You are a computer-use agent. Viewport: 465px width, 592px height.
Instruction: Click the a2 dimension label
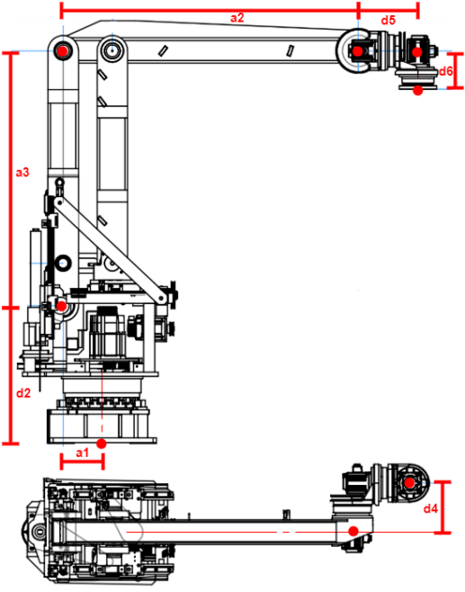click(237, 18)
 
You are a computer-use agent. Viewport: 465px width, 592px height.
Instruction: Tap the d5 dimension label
click(388, 20)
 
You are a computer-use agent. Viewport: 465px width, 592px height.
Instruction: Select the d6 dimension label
click(445, 70)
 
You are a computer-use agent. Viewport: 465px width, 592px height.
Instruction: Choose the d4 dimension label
click(431, 509)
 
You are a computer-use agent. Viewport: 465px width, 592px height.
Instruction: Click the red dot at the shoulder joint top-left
click(61, 51)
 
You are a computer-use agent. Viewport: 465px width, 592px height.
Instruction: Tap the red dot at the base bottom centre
click(102, 443)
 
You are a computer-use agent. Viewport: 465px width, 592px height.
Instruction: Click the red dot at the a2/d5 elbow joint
click(357, 51)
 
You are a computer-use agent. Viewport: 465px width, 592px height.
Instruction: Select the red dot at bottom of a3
click(60, 306)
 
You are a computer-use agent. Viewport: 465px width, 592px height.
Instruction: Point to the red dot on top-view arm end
click(354, 531)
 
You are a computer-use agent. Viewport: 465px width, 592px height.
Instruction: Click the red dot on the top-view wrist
click(409, 483)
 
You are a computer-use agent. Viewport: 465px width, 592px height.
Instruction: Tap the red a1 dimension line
click(82, 462)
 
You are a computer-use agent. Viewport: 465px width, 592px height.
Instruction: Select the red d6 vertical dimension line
click(458, 70)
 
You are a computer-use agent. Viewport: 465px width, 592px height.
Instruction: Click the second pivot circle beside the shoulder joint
click(112, 49)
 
